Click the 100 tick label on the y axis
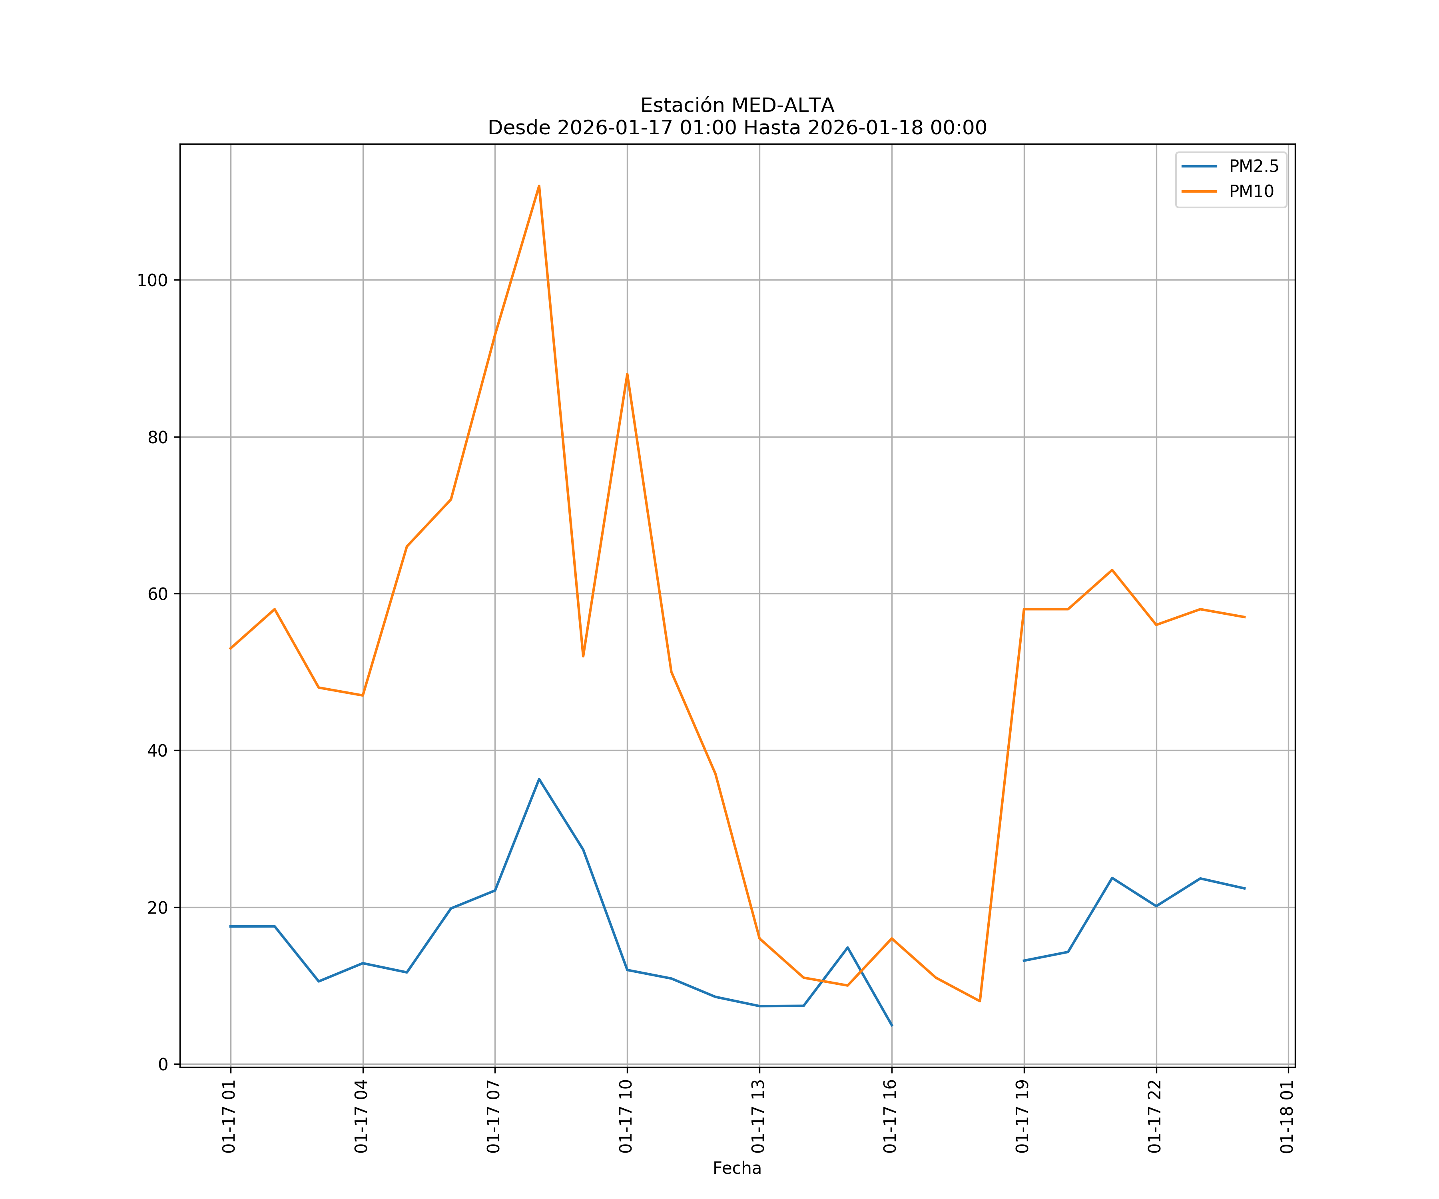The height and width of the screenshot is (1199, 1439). point(152,280)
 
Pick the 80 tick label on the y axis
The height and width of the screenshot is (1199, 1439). point(157,437)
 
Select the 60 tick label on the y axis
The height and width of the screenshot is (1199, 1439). point(157,594)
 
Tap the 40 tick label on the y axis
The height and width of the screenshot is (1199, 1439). point(157,751)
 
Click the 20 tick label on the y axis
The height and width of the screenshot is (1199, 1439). point(157,908)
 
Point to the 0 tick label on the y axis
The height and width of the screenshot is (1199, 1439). point(163,1065)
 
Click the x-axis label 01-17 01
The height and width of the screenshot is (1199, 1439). point(229,1117)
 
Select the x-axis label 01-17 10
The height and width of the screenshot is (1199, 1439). point(626,1117)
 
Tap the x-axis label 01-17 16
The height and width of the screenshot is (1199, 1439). point(890,1117)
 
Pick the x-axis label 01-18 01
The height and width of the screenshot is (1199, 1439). point(1287,1117)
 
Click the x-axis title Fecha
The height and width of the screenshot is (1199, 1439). point(737,1168)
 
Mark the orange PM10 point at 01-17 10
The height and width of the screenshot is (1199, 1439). point(627,374)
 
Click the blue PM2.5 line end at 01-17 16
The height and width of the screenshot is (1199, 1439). point(891,1026)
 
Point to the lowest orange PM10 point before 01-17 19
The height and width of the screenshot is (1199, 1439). point(980,1001)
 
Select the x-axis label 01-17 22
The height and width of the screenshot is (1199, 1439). point(1155,1117)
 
